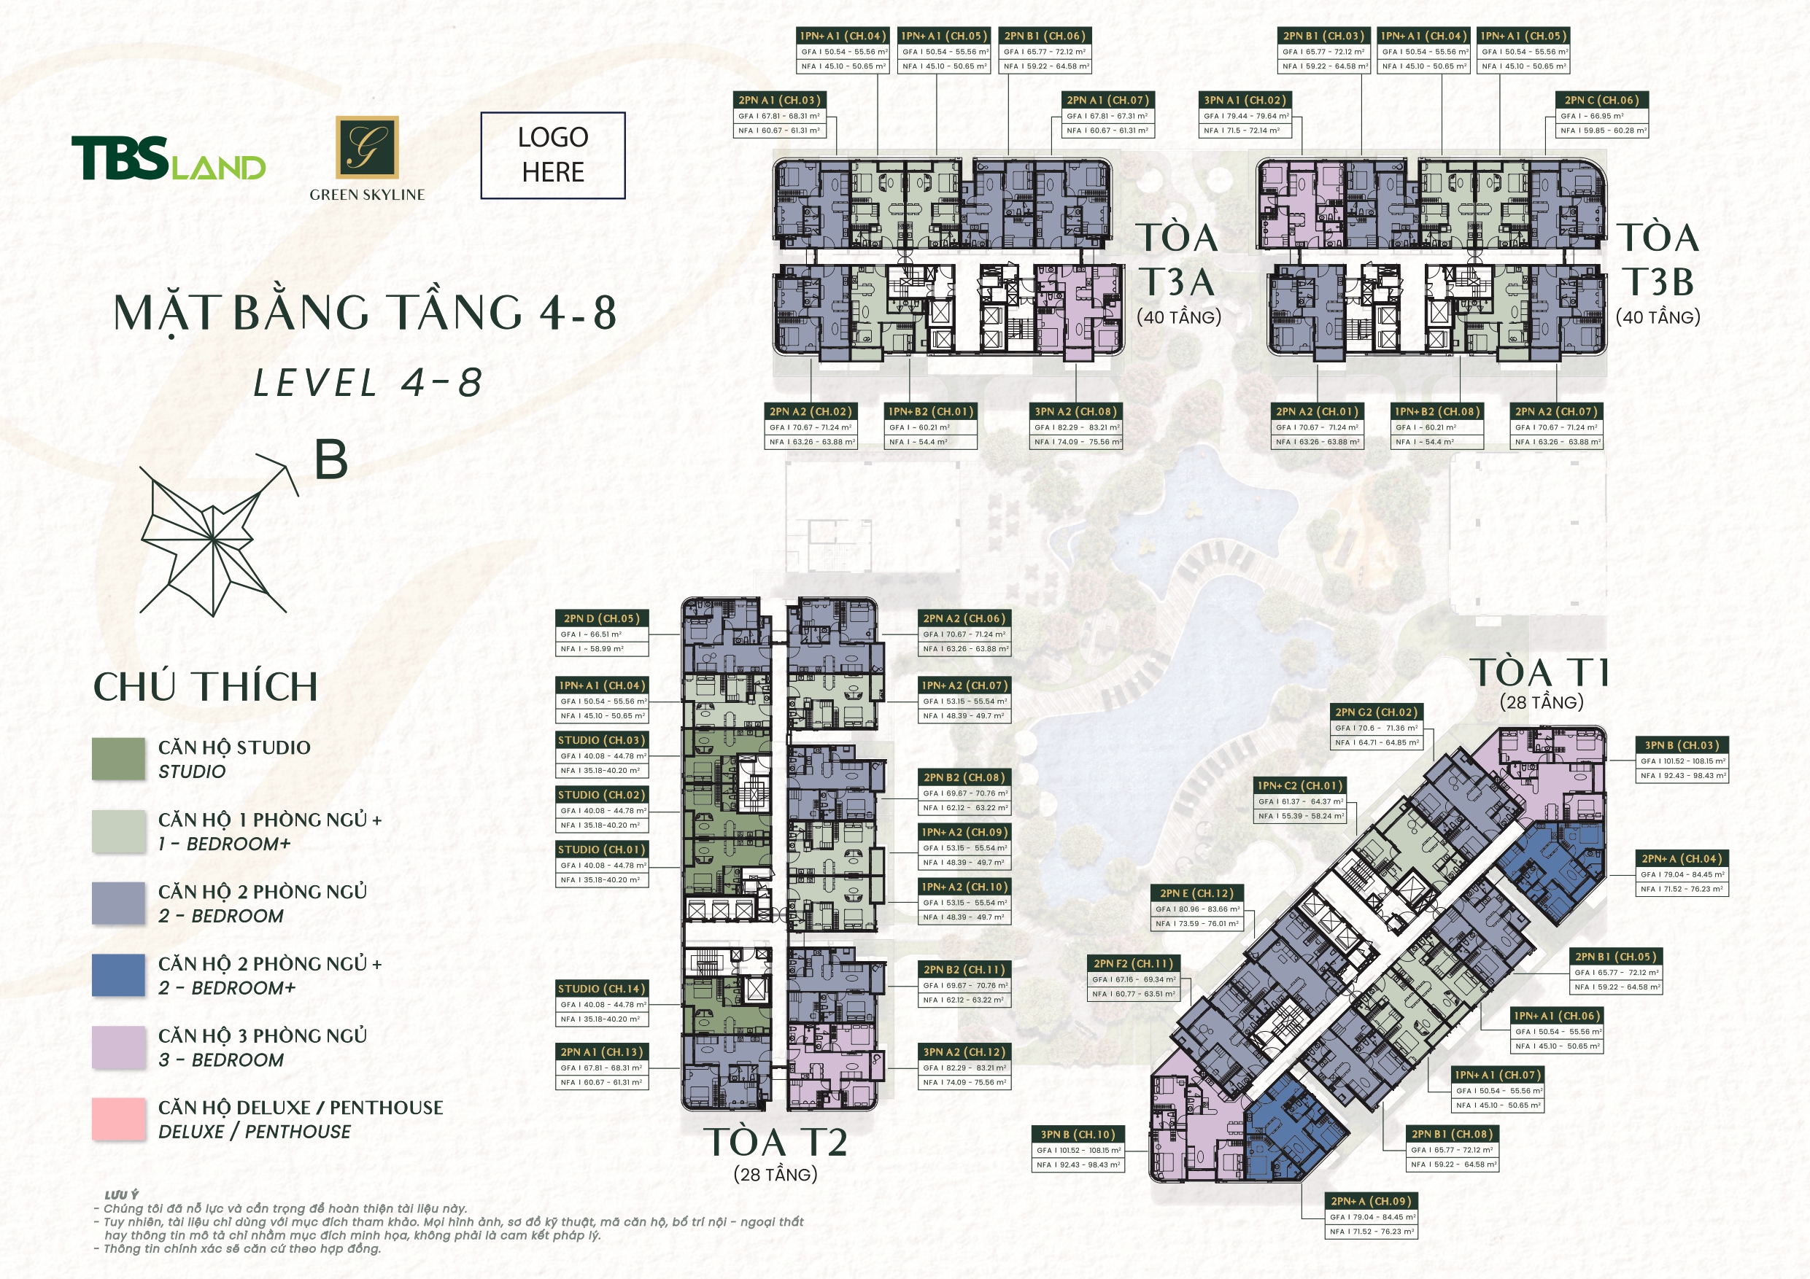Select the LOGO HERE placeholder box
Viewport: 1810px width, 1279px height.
click(552, 155)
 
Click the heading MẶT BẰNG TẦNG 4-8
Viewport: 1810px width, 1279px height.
click(364, 313)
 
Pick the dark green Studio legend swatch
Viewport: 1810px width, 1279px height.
click(118, 759)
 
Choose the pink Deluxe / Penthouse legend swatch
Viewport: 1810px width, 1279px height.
click(118, 1119)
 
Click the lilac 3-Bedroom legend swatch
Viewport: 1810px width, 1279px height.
click(118, 1047)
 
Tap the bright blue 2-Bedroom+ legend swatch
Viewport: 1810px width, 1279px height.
click(118, 975)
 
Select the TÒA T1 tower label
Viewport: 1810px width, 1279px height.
click(1542, 674)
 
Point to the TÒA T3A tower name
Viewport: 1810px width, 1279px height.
click(1177, 260)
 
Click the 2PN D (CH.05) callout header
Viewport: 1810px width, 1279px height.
click(601, 618)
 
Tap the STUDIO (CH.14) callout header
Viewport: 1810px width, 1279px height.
click(601, 989)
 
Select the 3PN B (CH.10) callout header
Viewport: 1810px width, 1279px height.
click(1078, 1135)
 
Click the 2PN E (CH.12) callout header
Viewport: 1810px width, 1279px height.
click(1196, 893)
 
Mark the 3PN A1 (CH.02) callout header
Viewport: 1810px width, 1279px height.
click(1245, 100)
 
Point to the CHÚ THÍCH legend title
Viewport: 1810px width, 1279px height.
click(205, 687)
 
